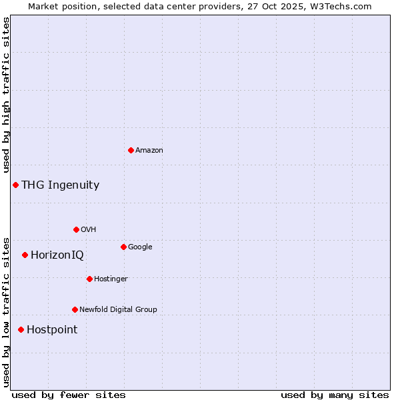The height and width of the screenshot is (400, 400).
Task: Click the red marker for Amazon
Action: tap(131, 150)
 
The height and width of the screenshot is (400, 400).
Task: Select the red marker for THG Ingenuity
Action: tap(15, 185)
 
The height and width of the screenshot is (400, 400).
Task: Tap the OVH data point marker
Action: tap(76, 229)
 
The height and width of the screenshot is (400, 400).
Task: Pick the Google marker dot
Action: tap(123, 247)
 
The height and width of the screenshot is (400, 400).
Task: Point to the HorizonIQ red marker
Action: tap(25, 255)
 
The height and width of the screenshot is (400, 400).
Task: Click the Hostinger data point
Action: tap(89, 279)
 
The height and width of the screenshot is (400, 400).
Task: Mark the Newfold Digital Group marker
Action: tap(75, 309)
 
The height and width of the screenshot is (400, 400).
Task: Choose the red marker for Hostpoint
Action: tap(21, 329)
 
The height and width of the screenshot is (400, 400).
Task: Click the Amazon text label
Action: tap(149, 151)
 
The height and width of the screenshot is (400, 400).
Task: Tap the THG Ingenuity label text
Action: tap(60, 185)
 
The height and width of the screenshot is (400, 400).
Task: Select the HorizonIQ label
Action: tap(57, 255)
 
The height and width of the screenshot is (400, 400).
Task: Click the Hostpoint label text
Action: tap(52, 330)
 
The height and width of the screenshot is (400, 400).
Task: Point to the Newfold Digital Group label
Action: tap(118, 309)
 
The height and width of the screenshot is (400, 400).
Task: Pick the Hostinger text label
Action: tap(111, 279)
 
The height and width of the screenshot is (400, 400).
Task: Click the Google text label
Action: tap(140, 247)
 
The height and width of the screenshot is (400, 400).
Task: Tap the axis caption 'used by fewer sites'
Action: tap(69, 395)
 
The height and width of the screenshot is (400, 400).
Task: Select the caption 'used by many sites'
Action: tap(335, 395)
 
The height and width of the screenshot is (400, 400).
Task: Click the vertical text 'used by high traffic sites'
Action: tap(6, 95)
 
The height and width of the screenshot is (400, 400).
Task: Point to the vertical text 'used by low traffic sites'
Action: tap(6, 311)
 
